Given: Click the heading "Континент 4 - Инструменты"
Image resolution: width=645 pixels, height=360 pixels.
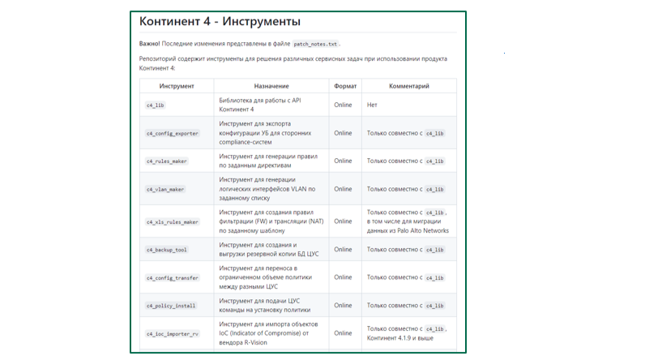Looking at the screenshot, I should point(220,21).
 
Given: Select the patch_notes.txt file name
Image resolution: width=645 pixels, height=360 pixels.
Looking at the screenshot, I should point(315,44).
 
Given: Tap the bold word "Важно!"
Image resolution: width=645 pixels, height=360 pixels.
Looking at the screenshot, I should point(150,44).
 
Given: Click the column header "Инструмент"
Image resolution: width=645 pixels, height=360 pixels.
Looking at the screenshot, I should point(177,86).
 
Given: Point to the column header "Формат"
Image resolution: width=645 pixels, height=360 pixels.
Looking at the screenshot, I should point(344,86).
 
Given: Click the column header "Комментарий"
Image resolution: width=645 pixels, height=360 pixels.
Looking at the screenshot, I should point(409,86).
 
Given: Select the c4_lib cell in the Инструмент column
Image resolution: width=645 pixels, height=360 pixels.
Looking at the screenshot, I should point(155,105).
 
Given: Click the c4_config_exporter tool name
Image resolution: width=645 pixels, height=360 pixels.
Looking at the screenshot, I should point(172,133).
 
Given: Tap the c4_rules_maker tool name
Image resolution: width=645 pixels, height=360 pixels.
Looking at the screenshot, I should point(166,161).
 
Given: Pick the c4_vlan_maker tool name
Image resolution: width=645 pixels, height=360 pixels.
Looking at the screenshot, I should point(165,189).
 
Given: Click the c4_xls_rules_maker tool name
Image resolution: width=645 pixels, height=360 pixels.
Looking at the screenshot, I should point(172,221).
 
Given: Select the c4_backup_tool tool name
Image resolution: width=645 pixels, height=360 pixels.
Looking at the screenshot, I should point(166,250).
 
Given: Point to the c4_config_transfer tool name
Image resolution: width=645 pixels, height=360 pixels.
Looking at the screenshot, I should point(172,278).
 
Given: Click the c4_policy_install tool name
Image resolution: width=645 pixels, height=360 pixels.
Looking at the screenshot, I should point(170,306).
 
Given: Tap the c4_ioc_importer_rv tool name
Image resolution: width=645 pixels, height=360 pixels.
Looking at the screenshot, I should point(172,334).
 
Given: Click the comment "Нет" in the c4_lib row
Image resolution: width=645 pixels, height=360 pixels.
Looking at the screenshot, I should point(372,105).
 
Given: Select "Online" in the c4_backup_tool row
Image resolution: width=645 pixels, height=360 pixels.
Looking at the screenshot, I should point(343,250).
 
